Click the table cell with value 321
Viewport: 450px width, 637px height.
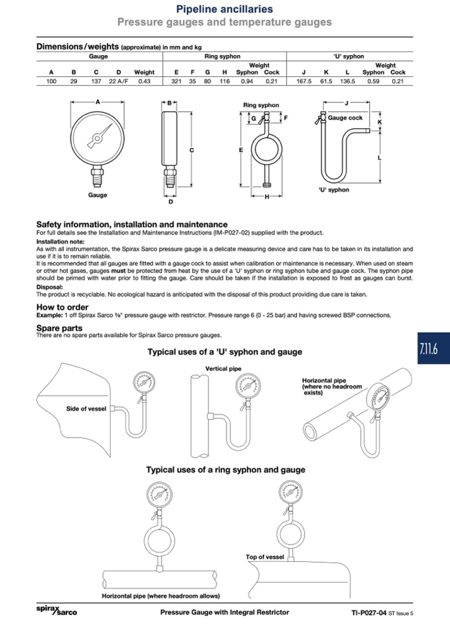(176, 81)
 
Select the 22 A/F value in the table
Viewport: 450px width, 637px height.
(119, 81)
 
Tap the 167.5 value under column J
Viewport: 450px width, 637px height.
(303, 81)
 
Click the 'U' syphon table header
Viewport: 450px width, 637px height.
(348, 56)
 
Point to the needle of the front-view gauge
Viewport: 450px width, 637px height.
(100, 136)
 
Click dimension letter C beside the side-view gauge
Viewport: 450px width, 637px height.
(192, 150)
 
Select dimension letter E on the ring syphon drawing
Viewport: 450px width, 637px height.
(241, 150)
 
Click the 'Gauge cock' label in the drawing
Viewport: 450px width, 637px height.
(345, 118)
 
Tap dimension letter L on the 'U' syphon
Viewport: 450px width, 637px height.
(380, 157)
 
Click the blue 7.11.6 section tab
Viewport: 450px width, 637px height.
(433, 348)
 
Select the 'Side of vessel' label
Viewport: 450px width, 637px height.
(86, 409)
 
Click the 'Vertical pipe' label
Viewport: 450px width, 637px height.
(223, 369)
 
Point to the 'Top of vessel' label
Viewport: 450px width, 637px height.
(265, 557)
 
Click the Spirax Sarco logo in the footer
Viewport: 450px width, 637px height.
(56, 610)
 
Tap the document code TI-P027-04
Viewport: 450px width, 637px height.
(369, 612)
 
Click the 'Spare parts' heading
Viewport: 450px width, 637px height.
(59, 328)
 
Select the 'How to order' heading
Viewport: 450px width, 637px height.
(62, 307)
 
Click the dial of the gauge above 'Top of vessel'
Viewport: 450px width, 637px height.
(290, 492)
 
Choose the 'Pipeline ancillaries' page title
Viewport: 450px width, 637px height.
(224, 9)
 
